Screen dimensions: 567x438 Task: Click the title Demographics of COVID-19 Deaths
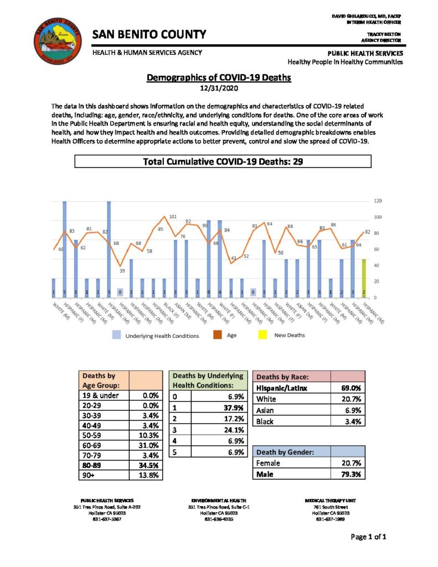(219, 78)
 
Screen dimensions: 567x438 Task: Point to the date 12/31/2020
(218, 87)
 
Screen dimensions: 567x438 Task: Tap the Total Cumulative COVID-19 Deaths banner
(222, 162)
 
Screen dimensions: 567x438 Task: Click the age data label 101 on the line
(173, 217)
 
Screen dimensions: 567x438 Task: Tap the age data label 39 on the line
(122, 271)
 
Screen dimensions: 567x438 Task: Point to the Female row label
(270, 462)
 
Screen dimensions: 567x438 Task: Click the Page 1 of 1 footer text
(368, 537)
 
